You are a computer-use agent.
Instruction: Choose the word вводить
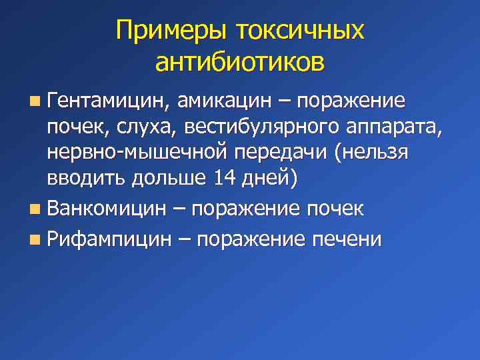[83, 177]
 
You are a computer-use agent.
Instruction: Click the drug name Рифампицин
[110, 239]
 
